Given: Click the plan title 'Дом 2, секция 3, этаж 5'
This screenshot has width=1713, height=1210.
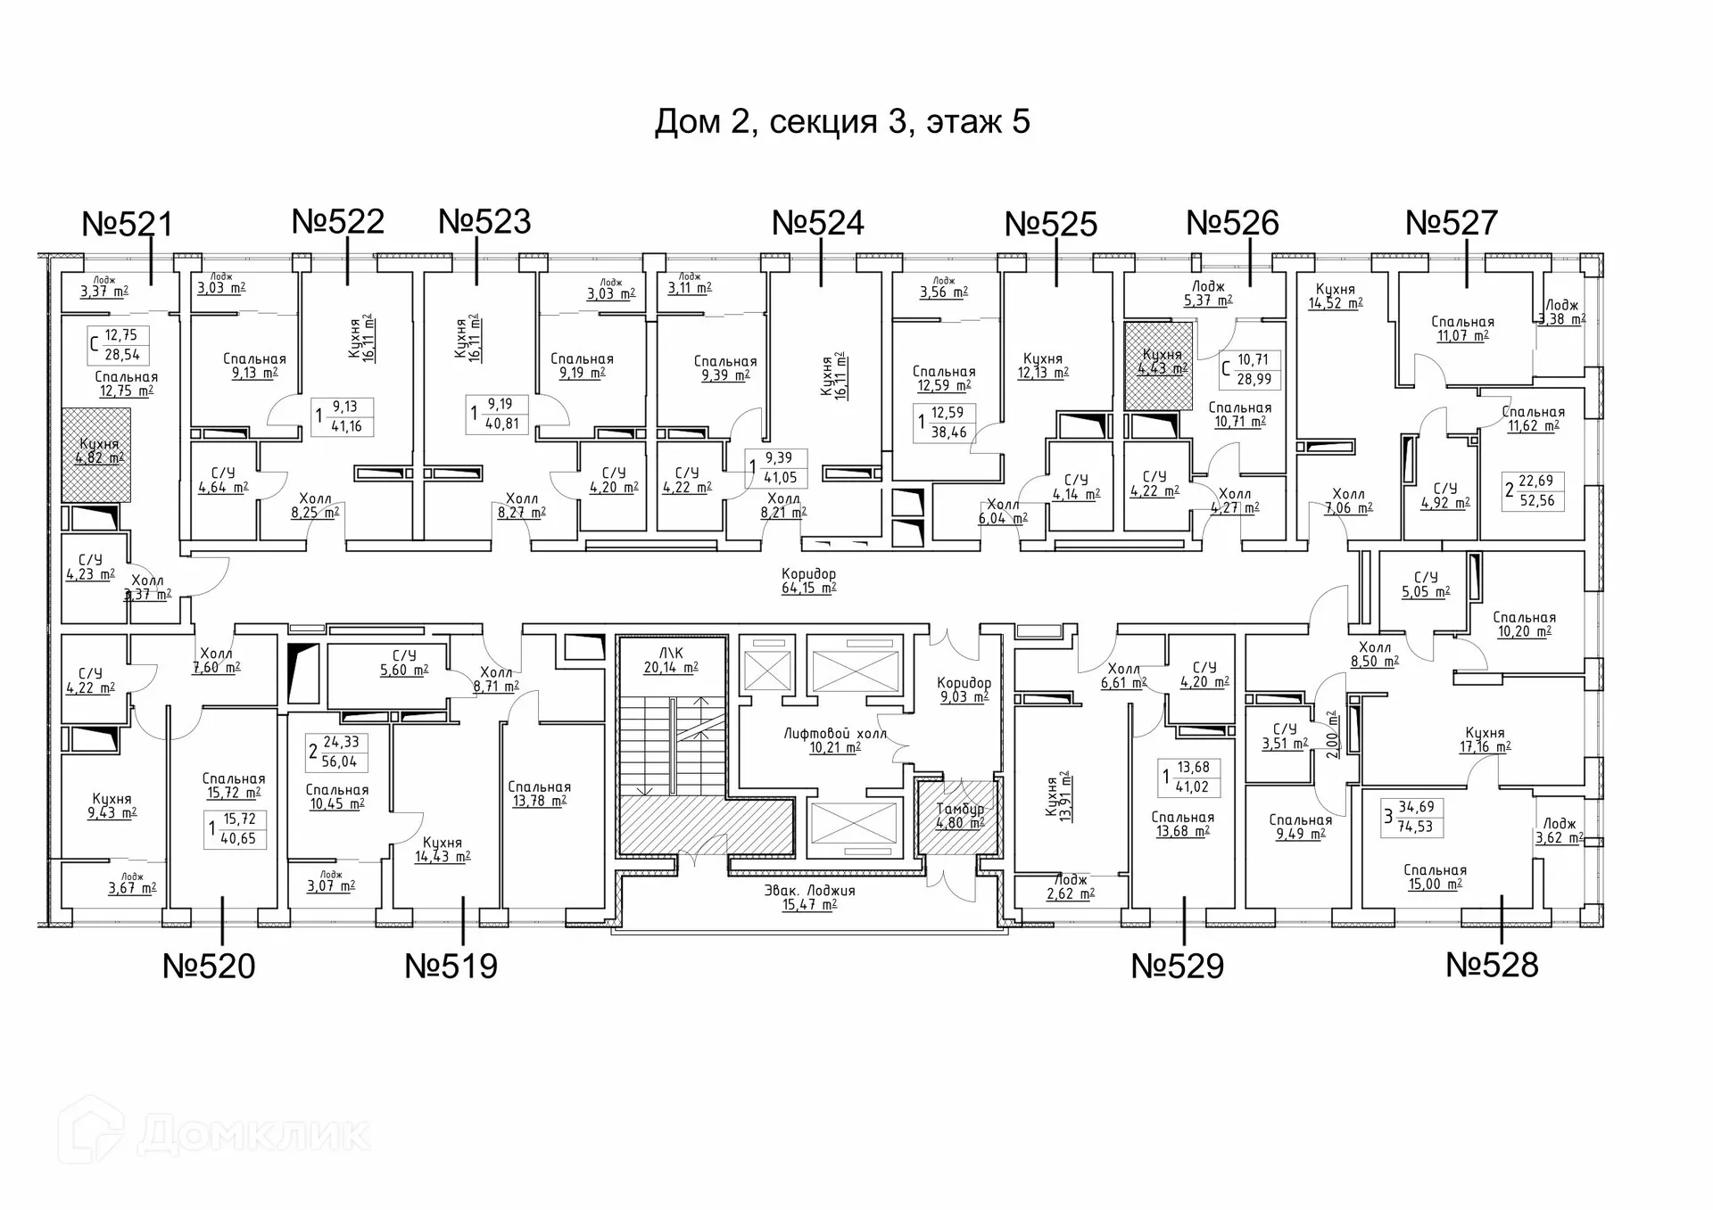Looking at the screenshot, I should (x=842, y=122).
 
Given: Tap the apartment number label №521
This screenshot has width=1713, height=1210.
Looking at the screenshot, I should (x=127, y=224).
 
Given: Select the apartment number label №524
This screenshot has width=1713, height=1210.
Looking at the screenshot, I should (x=817, y=223).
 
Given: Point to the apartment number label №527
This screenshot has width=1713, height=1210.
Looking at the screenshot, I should (x=1451, y=223).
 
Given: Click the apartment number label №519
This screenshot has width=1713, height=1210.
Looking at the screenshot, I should (x=451, y=966).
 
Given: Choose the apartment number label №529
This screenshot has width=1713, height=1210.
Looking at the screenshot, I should (x=1177, y=966).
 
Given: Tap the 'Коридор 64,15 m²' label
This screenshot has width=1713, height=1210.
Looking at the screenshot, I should (x=808, y=580).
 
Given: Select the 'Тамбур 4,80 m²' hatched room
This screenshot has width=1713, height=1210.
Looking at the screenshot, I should (x=960, y=816).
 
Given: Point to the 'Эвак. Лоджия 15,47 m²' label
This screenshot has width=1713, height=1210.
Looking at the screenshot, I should (x=809, y=897).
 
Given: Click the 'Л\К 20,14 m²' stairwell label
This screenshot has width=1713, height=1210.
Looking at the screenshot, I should (x=671, y=661).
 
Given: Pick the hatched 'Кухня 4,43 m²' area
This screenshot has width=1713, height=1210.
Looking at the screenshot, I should (x=1159, y=362).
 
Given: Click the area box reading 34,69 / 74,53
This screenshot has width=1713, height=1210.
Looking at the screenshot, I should (x=1412, y=817).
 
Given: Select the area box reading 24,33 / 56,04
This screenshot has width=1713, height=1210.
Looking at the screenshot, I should (x=336, y=752).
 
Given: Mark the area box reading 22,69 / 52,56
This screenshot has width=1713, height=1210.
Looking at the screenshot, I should (x=1533, y=491).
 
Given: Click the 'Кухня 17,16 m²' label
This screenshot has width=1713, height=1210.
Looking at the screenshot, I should (x=1485, y=740).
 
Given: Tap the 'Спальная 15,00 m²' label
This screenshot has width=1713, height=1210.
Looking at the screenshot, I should (x=1435, y=877).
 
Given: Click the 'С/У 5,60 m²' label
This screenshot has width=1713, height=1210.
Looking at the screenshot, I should (x=404, y=663).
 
